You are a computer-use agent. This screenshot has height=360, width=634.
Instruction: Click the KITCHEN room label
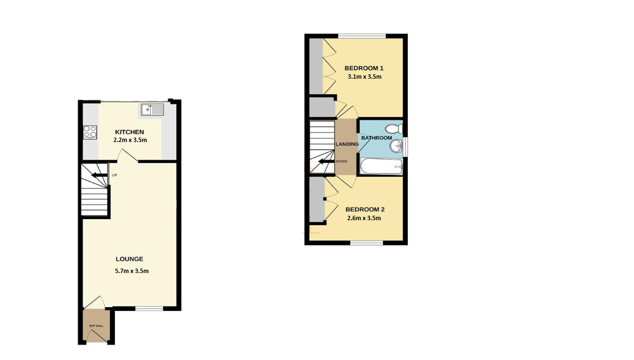point(129,132)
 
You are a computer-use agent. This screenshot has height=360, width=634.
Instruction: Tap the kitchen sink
point(152,110)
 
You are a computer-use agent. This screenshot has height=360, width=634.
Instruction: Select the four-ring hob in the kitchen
point(90,132)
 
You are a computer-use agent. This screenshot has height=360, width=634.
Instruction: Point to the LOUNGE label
point(129,259)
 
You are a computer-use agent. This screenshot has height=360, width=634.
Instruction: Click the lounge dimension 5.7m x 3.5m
point(132,271)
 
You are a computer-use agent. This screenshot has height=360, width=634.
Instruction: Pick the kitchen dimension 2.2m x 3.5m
point(130,140)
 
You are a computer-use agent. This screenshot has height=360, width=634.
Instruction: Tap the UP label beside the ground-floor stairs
point(114,175)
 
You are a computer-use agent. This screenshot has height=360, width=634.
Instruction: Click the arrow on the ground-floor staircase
point(99,175)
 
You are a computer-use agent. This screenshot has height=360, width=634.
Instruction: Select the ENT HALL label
point(96,326)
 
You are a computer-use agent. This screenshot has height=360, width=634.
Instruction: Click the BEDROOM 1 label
point(364,68)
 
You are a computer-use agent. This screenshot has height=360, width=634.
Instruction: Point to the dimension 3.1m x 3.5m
point(365,77)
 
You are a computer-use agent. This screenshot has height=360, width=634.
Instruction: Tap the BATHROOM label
point(376,138)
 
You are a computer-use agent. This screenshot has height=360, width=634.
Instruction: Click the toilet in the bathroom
point(394,129)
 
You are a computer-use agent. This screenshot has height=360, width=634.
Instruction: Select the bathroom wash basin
point(396,146)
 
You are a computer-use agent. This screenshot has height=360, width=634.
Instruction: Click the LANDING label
point(347,144)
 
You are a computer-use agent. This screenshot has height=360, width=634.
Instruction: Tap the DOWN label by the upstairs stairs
point(341,161)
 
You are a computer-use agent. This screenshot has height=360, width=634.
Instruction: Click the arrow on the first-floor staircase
point(326,162)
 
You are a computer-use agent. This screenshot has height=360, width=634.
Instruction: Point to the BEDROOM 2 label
point(365,210)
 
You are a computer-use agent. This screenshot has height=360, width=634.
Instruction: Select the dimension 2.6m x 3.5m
point(364,218)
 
